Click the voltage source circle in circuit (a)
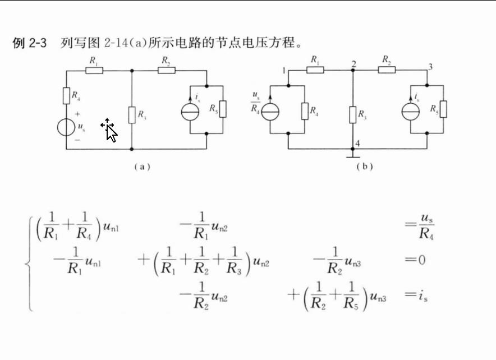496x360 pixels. (67, 127)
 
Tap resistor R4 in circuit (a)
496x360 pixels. (66, 95)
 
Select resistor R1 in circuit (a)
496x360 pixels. (93, 71)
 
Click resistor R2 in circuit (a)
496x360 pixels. (166, 71)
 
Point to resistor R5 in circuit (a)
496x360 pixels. (223, 109)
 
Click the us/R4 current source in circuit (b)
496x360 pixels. (271, 111)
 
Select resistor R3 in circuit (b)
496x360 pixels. (353, 116)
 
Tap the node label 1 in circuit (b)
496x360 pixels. (284, 70)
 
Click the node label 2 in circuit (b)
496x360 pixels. (354, 63)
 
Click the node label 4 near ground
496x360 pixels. (357, 144)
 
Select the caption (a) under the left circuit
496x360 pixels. (142, 167)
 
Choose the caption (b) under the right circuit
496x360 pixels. (364, 167)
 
